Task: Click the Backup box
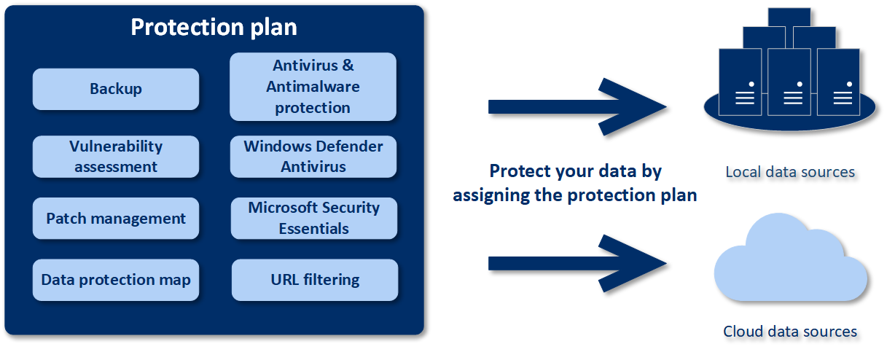coord(116,90)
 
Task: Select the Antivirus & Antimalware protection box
coord(313,87)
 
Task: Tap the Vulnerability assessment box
coord(116,157)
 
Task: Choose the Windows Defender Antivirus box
coord(313,157)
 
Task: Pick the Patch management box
coord(116,219)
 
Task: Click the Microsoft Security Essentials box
coord(314,218)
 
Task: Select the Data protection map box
coord(116,280)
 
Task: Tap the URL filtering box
coord(315,280)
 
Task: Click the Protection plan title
coord(214,27)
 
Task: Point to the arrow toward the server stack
coord(576,106)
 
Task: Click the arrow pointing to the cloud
coord(576,263)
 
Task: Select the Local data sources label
coord(790,173)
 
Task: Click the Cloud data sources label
coord(790,332)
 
